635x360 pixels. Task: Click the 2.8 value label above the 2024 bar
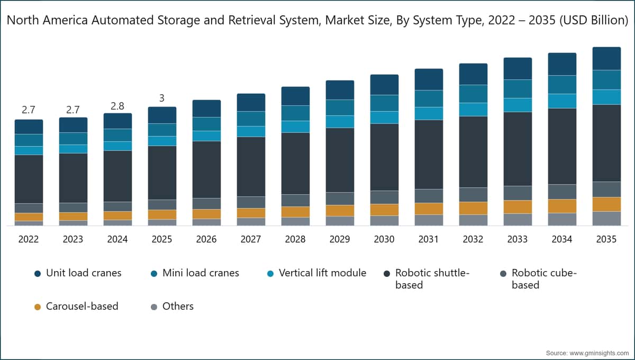pyautogui.click(x=117, y=106)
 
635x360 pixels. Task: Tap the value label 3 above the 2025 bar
pyautogui.click(x=162, y=98)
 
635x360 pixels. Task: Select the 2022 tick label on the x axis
pyautogui.click(x=29, y=239)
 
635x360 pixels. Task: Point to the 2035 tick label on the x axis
pyautogui.click(x=606, y=239)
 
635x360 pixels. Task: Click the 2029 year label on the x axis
pyautogui.click(x=340, y=239)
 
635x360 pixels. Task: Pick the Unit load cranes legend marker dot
pyautogui.click(x=38, y=274)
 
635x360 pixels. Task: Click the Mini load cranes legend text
pyautogui.click(x=201, y=273)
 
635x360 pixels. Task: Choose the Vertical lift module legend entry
pyautogui.click(x=322, y=273)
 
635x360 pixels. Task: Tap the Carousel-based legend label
pyautogui.click(x=82, y=306)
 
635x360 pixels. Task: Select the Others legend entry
pyautogui.click(x=178, y=306)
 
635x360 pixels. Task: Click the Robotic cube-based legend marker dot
pyautogui.click(x=503, y=274)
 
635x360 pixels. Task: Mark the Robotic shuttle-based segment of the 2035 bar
pyautogui.click(x=606, y=143)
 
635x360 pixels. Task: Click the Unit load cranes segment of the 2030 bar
pyautogui.click(x=384, y=85)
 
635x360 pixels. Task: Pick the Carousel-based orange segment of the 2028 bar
pyautogui.click(x=295, y=212)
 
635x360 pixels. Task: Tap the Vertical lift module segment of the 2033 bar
pyautogui.click(x=518, y=105)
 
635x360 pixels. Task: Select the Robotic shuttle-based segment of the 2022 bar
pyautogui.click(x=29, y=179)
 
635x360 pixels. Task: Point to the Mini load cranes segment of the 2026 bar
pyautogui.click(x=206, y=124)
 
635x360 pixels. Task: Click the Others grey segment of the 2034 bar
pyautogui.click(x=562, y=219)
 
